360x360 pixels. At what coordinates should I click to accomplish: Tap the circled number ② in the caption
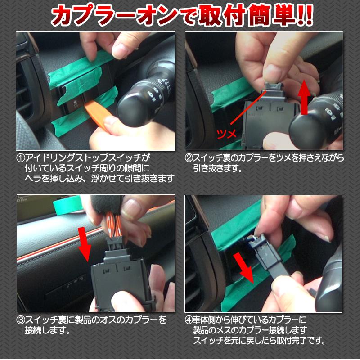pos(189,158)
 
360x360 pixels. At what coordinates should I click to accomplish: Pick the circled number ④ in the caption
pos(189,320)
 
